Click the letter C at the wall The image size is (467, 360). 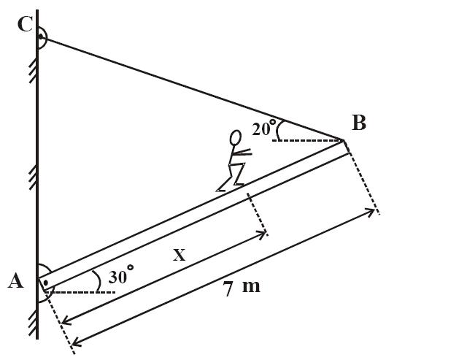[24, 24]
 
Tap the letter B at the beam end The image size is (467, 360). [358, 123]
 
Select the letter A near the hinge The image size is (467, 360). [15, 280]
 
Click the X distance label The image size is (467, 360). [179, 255]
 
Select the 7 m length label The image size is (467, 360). [242, 287]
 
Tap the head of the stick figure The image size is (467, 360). [235, 137]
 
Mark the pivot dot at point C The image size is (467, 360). [40, 34]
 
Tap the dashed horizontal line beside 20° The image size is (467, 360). [306, 139]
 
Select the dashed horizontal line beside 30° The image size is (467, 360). [84, 292]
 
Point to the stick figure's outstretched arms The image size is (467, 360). [242, 153]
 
